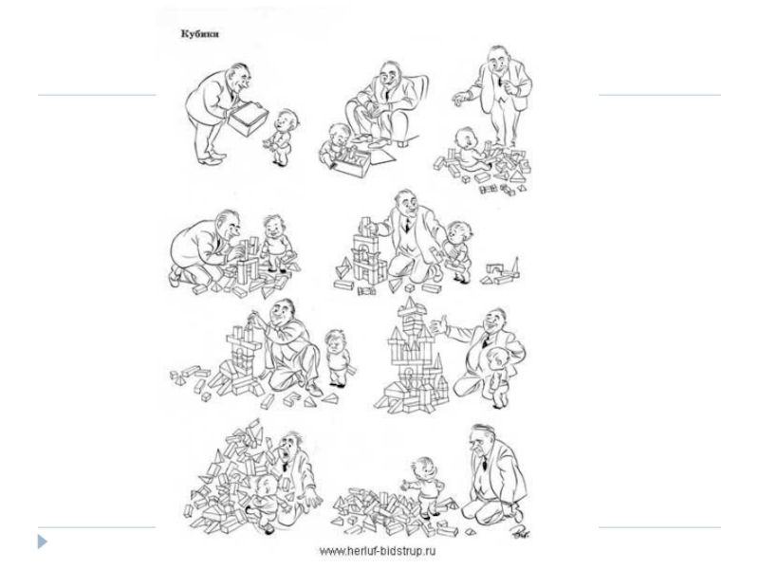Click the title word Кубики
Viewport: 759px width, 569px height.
click(199, 34)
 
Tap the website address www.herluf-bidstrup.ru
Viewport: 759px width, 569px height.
click(377, 552)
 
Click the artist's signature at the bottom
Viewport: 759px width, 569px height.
click(521, 532)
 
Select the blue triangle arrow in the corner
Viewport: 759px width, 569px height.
click(43, 541)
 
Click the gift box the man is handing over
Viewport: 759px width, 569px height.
click(248, 119)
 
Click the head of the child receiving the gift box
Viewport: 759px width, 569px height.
click(287, 121)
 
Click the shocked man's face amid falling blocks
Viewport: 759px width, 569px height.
click(292, 448)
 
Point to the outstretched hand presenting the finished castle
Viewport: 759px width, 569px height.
click(439, 324)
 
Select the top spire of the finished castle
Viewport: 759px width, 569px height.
click(410, 303)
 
